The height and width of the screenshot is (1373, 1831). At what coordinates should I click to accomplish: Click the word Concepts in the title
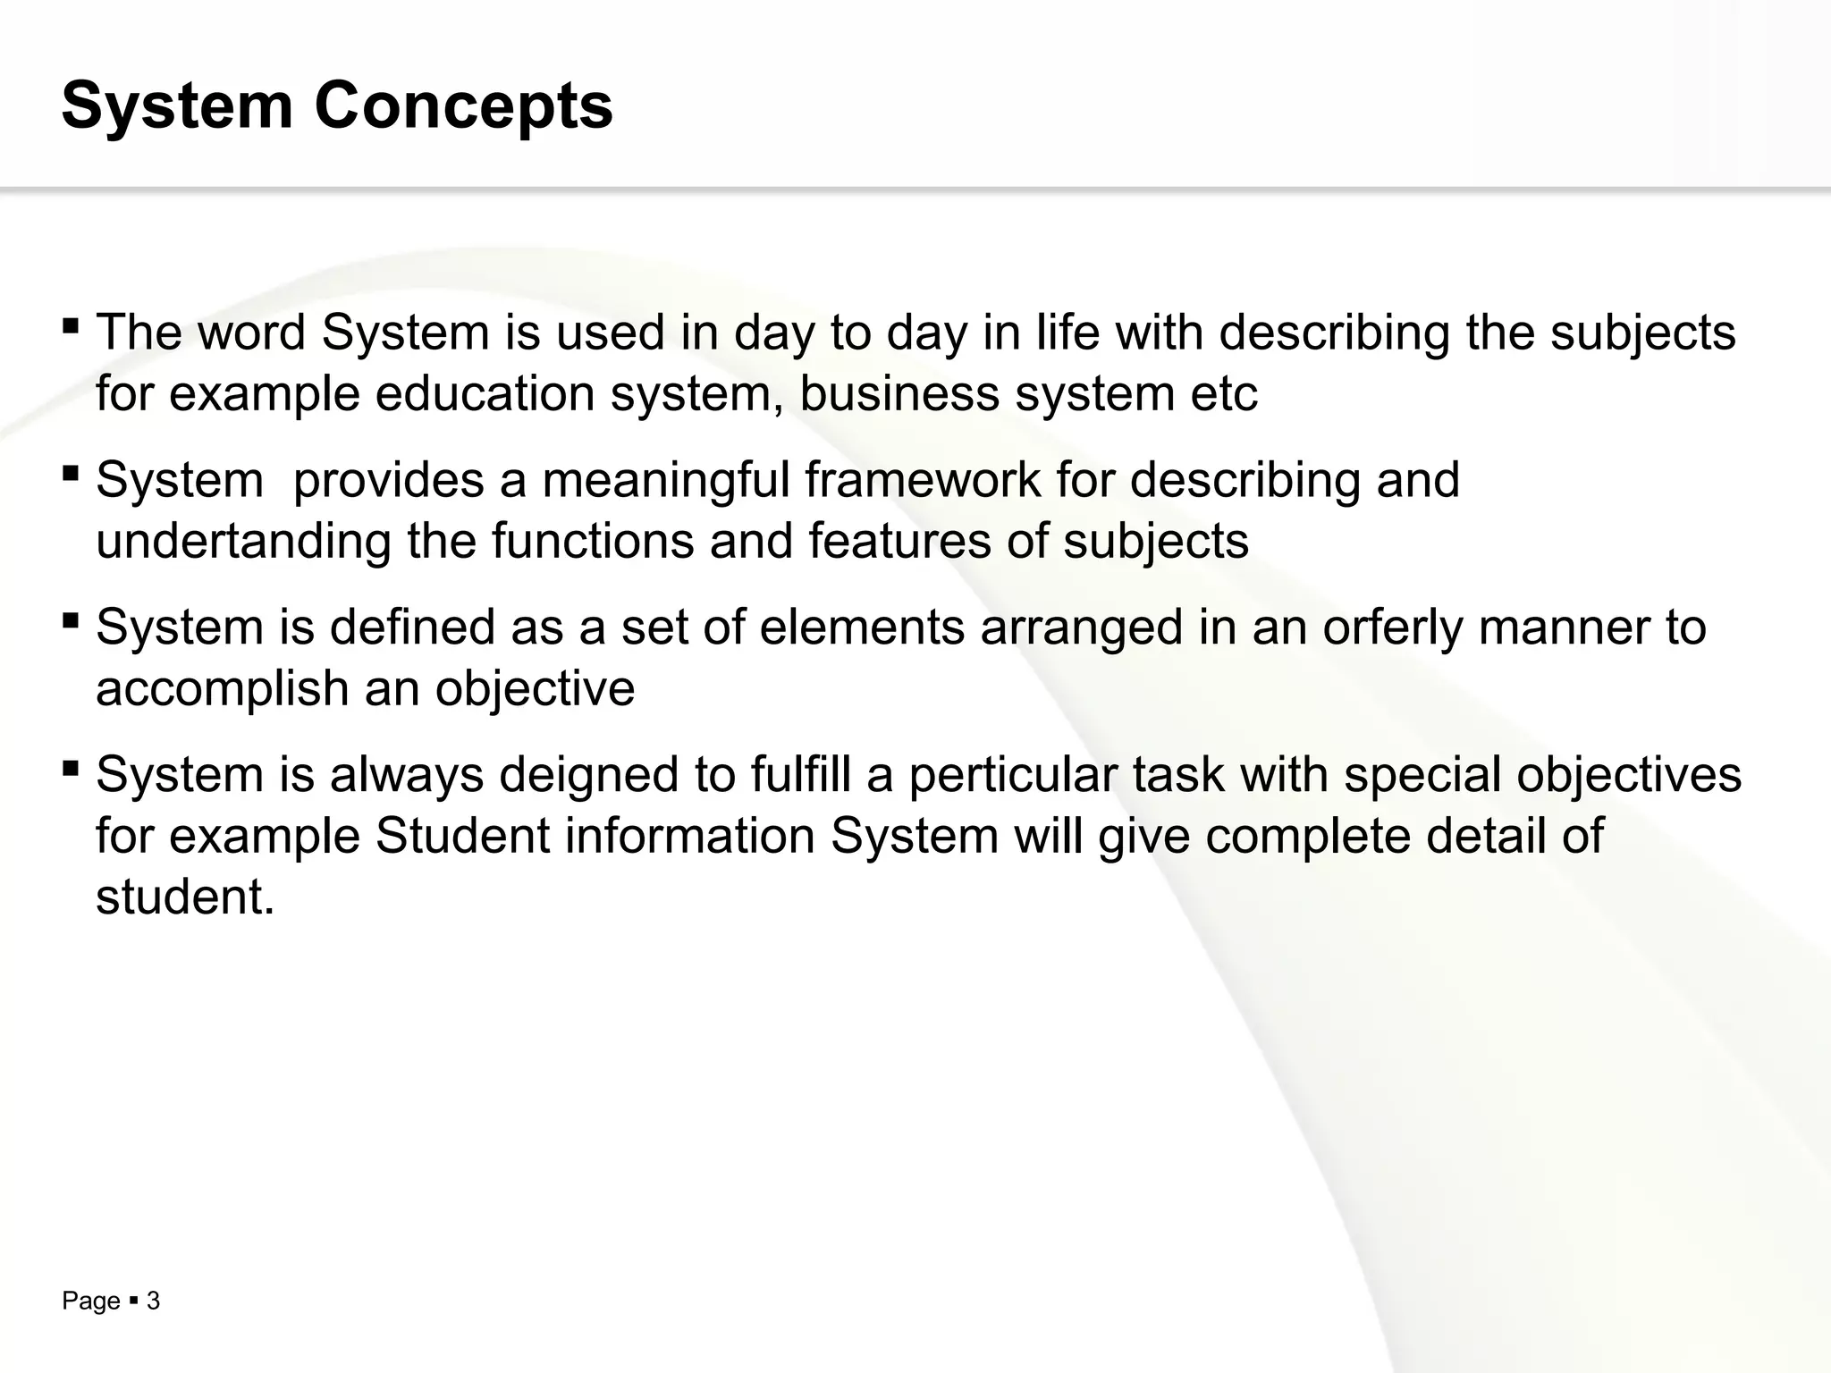(x=463, y=105)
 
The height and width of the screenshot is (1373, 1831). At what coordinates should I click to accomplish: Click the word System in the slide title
(x=177, y=105)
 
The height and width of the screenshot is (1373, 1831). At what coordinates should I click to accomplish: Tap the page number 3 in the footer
(x=153, y=1301)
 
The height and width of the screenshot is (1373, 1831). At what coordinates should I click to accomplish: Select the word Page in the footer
(x=90, y=1301)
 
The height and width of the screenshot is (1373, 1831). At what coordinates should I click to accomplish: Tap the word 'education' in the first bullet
(x=485, y=393)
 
